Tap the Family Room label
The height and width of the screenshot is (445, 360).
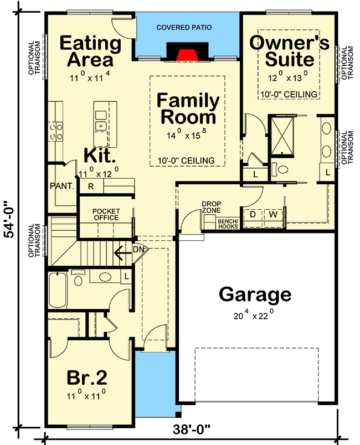[187, 109]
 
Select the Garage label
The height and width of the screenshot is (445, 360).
[255, 294]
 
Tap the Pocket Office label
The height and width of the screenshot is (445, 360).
[106, 214]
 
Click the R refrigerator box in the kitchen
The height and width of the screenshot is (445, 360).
[90, 187]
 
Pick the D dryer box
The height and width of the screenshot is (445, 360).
[253, 214]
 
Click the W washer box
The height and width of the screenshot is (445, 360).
[272, 214]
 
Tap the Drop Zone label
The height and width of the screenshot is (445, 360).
[211, 207]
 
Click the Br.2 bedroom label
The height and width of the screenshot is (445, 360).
[87, 378]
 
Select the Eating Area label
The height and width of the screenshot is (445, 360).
[90, 51]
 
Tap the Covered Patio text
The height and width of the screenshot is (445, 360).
[184, 27]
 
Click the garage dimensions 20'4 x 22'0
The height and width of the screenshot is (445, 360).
[255, 316]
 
